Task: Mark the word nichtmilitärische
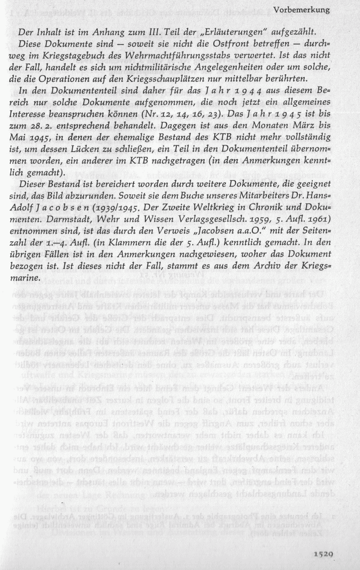coord(150,67)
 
